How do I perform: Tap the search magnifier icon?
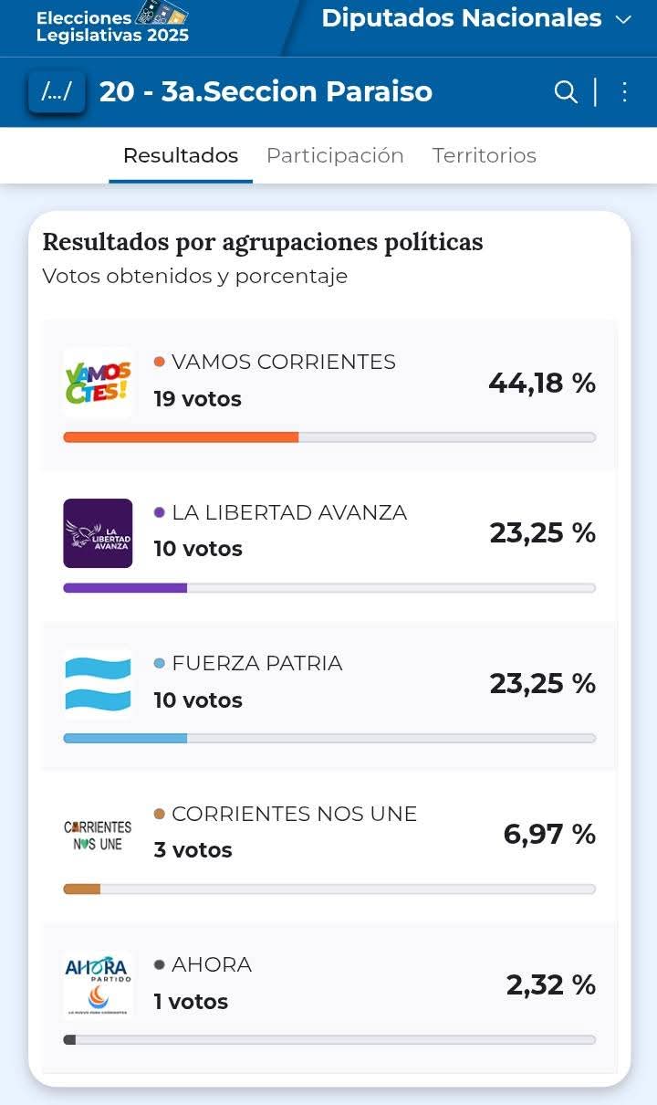[x=566, y=92]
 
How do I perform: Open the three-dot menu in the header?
[x=625, y=92]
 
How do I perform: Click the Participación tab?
[x=335, y=155]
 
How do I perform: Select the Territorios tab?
[x=484, y=155]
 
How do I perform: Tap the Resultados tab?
[x=181, y=155]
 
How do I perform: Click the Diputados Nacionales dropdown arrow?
[x=624, y=20]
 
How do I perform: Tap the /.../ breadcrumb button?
[x=57, y=92]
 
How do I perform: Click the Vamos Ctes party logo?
[x=98, y=383]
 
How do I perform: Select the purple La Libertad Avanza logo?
[x=98, y=533]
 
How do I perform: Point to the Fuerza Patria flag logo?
[x=98, y=684]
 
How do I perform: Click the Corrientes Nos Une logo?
[x=98, y=835]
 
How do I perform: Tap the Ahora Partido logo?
[x=98, y=984]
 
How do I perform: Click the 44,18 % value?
[x=542, y=384]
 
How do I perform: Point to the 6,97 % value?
[x=549, y=835]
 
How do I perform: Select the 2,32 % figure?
[x=551, y=985]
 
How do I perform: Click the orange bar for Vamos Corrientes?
[x=181, y=437]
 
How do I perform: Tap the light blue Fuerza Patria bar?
[x=125, y=738]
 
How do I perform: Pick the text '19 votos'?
[x=197, y=399]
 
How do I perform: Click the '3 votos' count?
[x=193, y=850]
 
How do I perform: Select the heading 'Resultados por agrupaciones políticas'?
[x=263, y=242]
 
